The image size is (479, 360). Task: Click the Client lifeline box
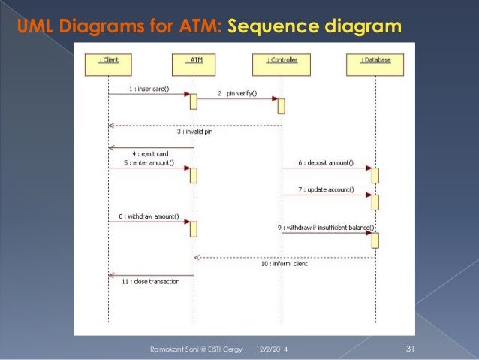pyautogui.click(x=108, y=65)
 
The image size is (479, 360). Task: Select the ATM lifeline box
pyautogui.click(x=194, y=65)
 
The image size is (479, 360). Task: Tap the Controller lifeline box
pyautogui.click(x=282, y=65)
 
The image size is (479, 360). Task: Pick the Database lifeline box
pyautogui.click(x=375, y=65)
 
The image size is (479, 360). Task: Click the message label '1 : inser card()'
pyautogui.click(x=149, y=89)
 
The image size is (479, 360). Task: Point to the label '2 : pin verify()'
pyautogui.click(x=237, y=93)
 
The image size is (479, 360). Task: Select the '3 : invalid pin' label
pyautogui.click(x=195, y=132)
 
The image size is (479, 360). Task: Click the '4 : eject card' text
pyautogui.click(x=150, y=153)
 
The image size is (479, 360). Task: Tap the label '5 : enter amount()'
pyautogui.click(x=149, y=163)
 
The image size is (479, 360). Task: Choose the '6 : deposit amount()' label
pyautogui.click(x=326, y=163)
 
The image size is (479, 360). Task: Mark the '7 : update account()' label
pyautogui.click(x=326, y=189)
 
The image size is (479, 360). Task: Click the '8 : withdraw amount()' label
pyautogui.click(x=149, y=216)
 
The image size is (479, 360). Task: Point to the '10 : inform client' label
pyautogui.click(x=284, y=264)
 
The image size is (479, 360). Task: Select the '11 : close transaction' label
pyautogui.click(x=151, y=281)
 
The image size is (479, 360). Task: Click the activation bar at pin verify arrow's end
pyautogui.click(x=281, y=106)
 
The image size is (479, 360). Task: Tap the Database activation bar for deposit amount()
pyautogui.click(x=375, y=176)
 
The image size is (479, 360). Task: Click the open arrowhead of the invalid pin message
pyautogui.click(x=111, y=126)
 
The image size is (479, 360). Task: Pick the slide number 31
pyautogui.click(x=410, y=349)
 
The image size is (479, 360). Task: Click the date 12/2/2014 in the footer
pyautogui.click(x=272, y=349)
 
